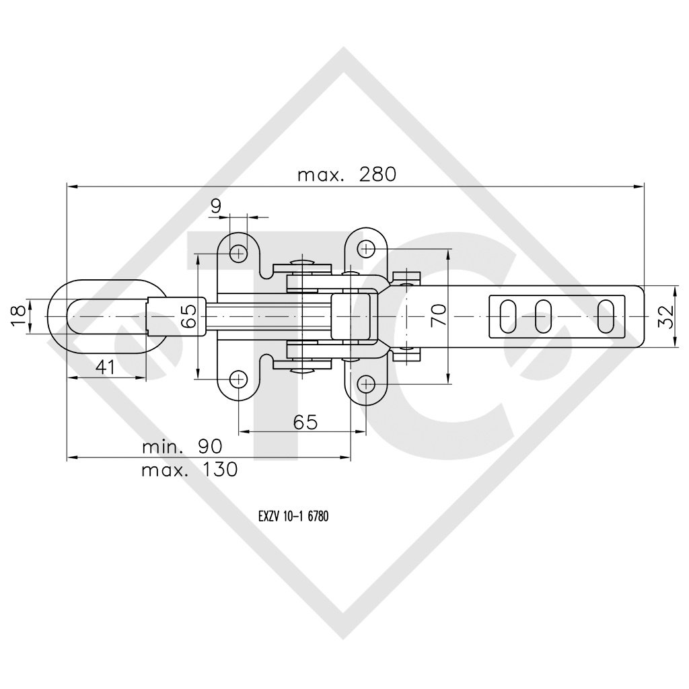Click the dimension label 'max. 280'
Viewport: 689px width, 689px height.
[347, 175]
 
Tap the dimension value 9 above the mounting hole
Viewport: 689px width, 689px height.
[216, 206]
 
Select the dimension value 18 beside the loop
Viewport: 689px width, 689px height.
[17, 316]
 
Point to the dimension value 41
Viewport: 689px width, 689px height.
[105, 367]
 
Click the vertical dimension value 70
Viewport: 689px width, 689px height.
[438, 315]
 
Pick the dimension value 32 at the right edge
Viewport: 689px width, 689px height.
[666, 317]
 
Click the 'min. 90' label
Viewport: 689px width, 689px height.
[182, 447]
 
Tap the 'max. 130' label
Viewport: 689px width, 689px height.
[189, 470]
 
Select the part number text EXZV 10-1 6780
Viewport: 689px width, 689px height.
[293, 516]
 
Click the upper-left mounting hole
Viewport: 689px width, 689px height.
[239, 253]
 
